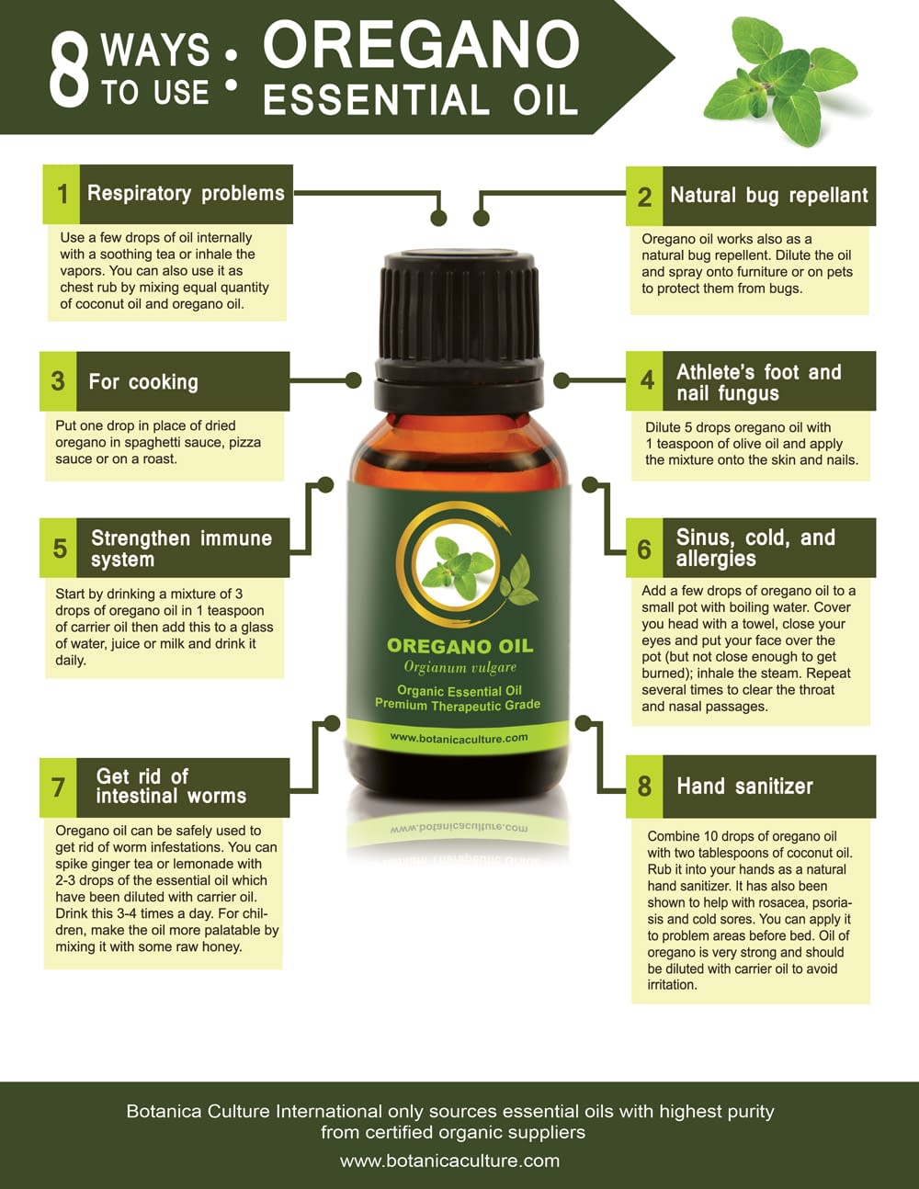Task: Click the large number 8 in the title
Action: click(68, 73)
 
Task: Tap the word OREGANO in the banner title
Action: click(421, 45)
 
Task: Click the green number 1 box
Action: click(62, 194)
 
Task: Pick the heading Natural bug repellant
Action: click(769, 196)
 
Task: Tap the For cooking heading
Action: click(143, 382)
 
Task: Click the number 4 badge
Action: click(644, 380)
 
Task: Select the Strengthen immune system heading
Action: click(181, 549)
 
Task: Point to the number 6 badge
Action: click(644, 549)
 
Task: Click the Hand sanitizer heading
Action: click(744, 787)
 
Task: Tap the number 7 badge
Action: click(58, 788)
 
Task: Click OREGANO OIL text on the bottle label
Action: click(459, 646)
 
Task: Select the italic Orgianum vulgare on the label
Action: click(460, 667)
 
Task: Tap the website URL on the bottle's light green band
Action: click(459, 738)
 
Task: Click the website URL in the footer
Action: click(449, 1161)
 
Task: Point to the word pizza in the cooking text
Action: click(244, 443)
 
